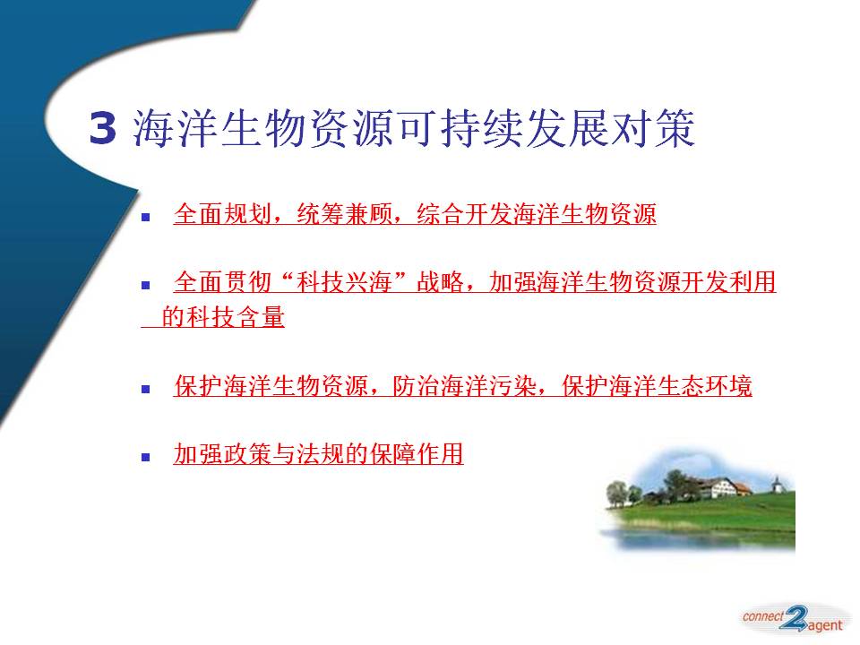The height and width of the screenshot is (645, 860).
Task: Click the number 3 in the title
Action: (x=102, y=128)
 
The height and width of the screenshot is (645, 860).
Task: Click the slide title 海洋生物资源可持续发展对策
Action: (x=414, y=128)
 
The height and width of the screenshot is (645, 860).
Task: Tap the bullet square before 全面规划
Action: (x=146, y=217)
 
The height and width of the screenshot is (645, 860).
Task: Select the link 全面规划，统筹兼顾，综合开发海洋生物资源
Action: (x=415, y=214)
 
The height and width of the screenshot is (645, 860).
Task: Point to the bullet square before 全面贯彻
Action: (x=146, y=285)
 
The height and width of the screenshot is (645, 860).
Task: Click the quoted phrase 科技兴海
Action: (x=344, y=282)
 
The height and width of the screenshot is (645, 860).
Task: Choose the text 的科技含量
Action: (x=223, y=316)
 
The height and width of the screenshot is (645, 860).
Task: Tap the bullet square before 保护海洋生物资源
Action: (x=146, y=390)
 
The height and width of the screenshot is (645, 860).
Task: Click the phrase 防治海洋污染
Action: (x=464, y=386)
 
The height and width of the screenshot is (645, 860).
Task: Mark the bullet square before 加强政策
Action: (x=146, y=457)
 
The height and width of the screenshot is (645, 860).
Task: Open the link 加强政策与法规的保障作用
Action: (x=318, y=454)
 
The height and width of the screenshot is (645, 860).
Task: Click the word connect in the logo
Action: (x=763, y=616)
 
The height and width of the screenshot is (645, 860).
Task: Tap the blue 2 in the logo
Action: (x=794, y=619)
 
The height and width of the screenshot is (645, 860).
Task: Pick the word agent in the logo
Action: (x=824, y=625)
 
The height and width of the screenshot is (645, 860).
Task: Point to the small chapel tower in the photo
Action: (x=777, y=485)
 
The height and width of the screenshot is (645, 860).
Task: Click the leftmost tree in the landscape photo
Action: (x=616, y=492)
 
